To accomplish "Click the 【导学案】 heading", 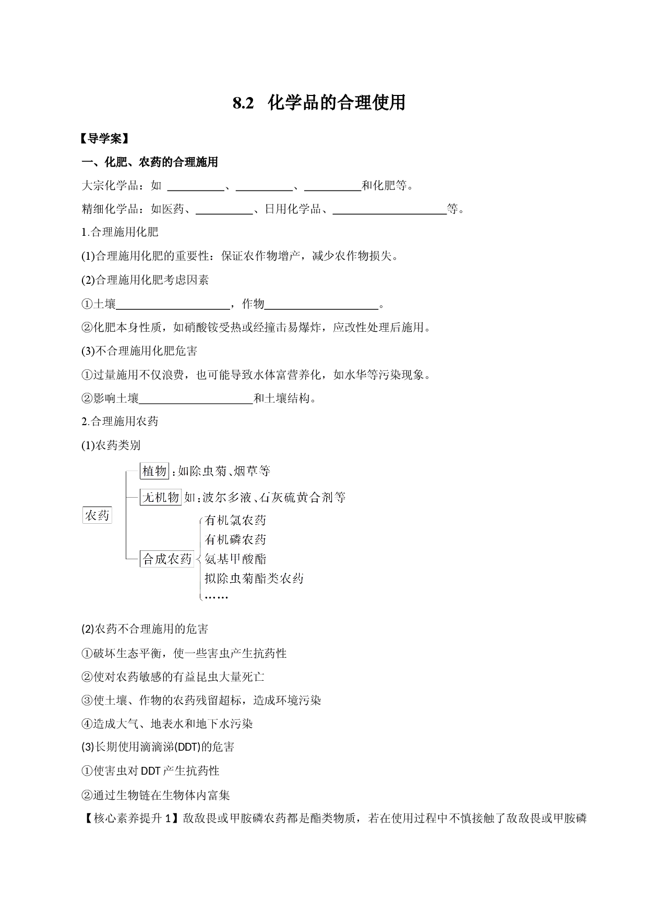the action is (104, 139).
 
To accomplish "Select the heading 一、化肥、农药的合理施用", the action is (150, 162).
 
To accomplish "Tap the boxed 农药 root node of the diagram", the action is (98, 515).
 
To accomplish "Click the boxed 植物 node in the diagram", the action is (154, 471).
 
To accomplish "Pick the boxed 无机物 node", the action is (161, 497).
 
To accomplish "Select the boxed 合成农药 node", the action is (167, 559).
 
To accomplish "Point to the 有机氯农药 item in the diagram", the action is (236, 520).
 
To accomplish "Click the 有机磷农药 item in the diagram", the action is (236, 539).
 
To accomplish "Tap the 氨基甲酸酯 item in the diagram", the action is (236, 559).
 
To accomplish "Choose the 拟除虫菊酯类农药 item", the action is (254, 578).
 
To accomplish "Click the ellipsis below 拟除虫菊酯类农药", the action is (217, 596).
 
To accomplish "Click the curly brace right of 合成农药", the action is (199, 559).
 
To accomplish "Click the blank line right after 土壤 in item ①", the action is (173, 309).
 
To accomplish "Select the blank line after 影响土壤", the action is (196, 403).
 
